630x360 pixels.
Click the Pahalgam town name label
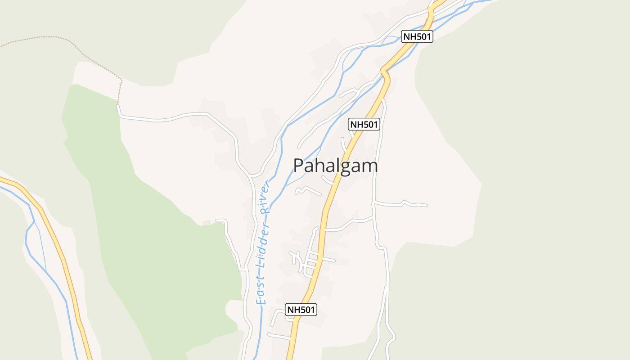[335, 166]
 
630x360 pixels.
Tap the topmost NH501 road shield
[417, 36]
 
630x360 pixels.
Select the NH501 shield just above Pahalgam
[364, 124]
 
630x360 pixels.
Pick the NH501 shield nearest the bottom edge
[301, 309]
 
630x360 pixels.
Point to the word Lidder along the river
[264, 244]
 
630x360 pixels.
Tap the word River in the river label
[267, 197]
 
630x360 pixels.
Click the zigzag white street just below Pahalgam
[307, 190]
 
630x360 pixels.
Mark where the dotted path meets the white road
[118, 105]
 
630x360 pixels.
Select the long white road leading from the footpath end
[180, 116]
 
